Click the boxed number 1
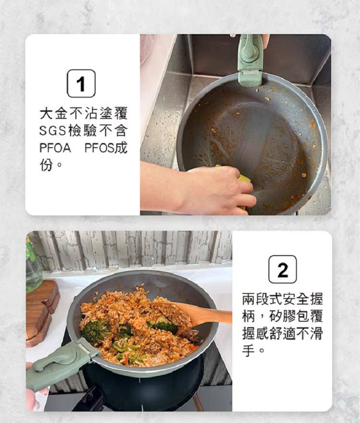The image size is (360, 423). click(81, 83)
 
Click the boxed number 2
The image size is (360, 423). click(283, 269)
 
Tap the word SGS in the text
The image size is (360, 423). click(52, 130)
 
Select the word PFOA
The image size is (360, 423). click(55, 148)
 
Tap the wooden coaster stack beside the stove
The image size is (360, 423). click(42, 313)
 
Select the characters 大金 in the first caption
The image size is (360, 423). click(53, 113)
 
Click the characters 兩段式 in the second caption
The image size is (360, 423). click(262, 299)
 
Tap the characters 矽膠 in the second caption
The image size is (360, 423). click(282, 316)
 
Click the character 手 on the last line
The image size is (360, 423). click(249, 351)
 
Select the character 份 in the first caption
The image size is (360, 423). click(46, 165)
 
